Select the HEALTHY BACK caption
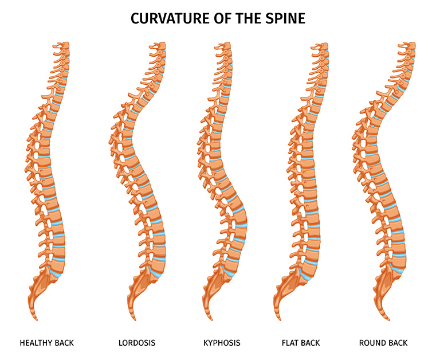click(46, 343)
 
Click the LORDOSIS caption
click(137, 343)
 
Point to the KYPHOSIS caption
click(222, 343)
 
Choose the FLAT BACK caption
click(301, 343)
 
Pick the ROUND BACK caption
click(383, 343)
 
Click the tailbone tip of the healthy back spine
click(36, 319)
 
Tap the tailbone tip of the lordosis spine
click(135, 319)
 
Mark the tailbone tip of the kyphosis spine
click(210, 319)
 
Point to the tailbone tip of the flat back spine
click(280, 319)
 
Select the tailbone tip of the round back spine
click(388, 319)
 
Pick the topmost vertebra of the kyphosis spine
click(224, 46)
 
